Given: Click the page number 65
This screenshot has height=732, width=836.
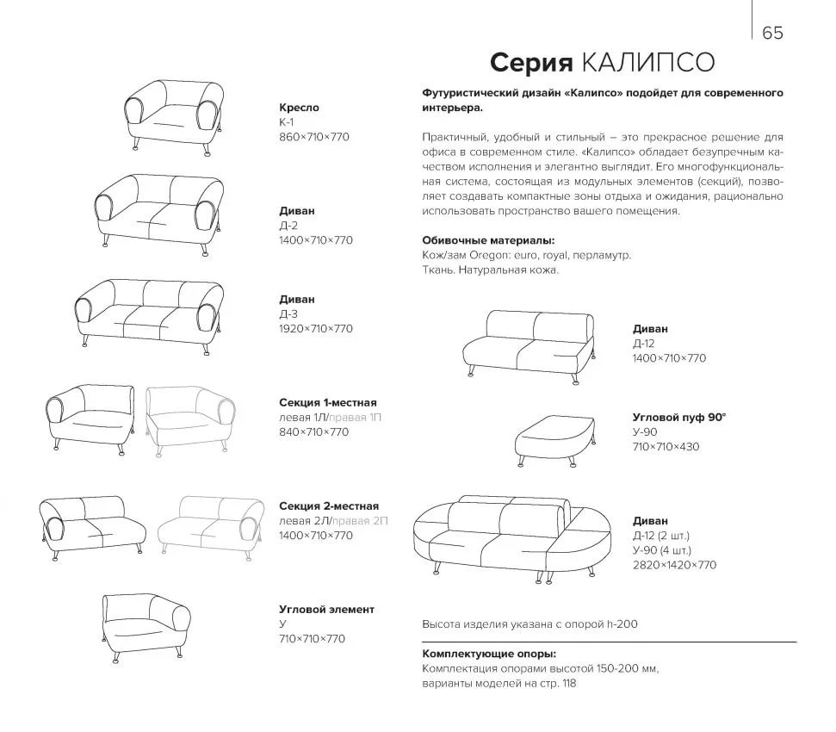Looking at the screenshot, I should click(772, 33).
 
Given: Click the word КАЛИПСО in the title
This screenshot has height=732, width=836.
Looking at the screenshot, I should click(647, 64).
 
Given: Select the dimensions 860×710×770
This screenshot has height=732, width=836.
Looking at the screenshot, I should click(314, 137).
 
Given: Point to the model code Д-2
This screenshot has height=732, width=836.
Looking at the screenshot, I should click(290, 226).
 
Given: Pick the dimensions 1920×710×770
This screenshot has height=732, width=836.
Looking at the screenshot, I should click(316, 329).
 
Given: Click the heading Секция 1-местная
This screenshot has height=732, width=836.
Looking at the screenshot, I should click(328, 402).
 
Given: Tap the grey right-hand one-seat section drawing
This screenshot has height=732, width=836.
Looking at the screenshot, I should click(190, 420).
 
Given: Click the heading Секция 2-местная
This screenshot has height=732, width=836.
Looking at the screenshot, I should click(329, 506).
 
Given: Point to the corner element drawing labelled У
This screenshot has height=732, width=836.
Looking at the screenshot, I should click(145, 624).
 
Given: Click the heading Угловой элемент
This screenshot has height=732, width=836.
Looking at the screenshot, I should click(326, 609).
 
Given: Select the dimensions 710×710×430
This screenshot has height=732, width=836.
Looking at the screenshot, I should click(666, 447).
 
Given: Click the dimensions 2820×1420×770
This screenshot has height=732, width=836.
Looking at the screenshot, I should click(674, 565).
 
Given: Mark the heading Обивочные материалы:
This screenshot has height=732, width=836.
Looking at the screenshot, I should click(488, 241).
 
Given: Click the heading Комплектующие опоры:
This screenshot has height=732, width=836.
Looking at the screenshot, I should click(489, 654).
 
